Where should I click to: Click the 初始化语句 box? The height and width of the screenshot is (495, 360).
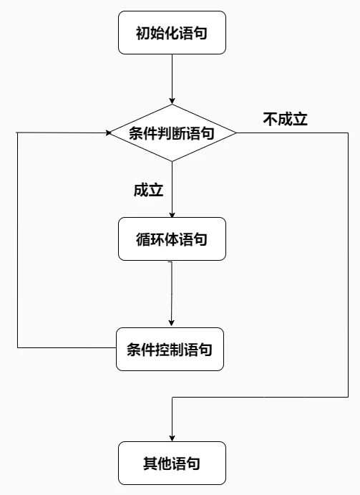[x=172, y=32]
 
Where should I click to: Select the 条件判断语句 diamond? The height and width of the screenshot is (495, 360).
[x=172, y=133]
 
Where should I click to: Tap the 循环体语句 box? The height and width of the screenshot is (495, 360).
[x=172, y=239]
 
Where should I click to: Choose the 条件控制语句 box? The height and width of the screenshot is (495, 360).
[x=170, y=349]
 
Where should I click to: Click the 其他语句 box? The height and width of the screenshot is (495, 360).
[x=172, y=463]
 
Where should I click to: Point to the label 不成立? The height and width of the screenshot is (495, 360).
[x=286, y=120]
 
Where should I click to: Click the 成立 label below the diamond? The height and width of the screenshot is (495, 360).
[x=148, y=190]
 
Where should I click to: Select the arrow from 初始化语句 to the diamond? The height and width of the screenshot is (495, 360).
[x=172, y=80]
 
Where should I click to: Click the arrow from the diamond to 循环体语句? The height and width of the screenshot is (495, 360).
[x=172, y=189]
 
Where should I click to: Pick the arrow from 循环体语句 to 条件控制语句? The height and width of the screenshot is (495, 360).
[x=171, y=294]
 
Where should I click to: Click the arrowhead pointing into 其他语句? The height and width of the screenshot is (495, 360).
[x=172, y=438]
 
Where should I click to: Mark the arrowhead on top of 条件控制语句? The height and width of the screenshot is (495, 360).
[x=171, y=323]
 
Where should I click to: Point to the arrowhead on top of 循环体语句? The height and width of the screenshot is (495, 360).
[x=172, y=215]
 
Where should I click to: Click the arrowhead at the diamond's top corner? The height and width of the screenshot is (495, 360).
[x=172, y=101]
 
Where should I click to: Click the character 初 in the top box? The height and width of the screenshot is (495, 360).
[x=143, y=33]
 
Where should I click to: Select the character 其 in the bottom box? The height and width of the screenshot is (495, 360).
[x=150, y=463]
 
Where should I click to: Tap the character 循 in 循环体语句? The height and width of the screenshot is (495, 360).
[x=143, y=239]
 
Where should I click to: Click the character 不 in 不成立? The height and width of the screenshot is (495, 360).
[x=271, y=120]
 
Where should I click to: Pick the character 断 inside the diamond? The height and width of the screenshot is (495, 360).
[x=179, y=133]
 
